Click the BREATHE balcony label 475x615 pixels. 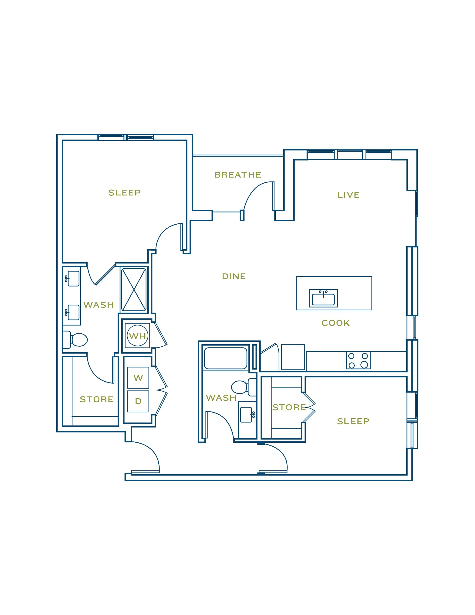pyautogui.click(x=238, y=175)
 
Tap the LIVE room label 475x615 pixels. pyautogui.click(x=348, y=195)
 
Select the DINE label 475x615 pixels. pyautogui.click(x=234, y=276)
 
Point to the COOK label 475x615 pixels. pyautogui.click(x=336, y=323)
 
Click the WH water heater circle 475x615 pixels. pyautogui.click(x=138, y=335)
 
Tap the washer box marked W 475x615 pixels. pyautogui.click(x=138, y=378)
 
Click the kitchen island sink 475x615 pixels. pyautogui.click(x=323, y=298)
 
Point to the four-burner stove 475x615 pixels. pyautogui.click(x=358, y=360)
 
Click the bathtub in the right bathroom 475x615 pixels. pyautogui.click(x=225, y=359)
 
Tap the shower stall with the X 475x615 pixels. pyautogui.click(x=134, y=290)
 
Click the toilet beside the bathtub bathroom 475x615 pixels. pyautogui.click(x=242, y=387)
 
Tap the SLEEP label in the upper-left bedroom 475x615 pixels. pyautogui.click(x=124, y=193)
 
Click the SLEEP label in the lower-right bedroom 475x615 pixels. pyautogui.click(x=353, y=421)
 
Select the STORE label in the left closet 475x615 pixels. pyautogui.click(x=97, y=399)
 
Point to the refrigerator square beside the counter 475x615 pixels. pyautogui.click(x=293, y=357)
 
